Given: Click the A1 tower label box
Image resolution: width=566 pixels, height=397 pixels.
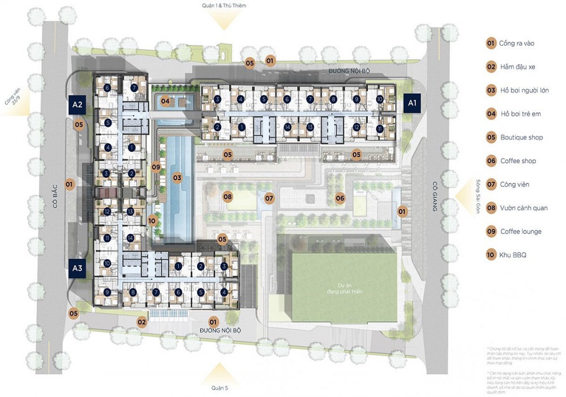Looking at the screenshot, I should click(x=413, y=103).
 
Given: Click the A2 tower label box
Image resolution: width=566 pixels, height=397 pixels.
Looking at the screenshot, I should click(x=78, y=105).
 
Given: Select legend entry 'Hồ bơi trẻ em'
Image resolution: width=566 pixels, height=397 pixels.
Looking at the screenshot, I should click(x=520, y=114).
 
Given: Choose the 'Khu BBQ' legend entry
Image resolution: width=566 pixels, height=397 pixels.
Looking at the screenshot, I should click(x=513, y=255).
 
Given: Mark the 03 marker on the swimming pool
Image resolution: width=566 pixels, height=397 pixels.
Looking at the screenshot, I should click(x=177, y=178).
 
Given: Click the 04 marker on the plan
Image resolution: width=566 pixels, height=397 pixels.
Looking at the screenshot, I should click(x=165, y=102).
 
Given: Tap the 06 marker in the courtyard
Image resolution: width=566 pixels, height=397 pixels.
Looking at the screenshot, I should click(x=340, y=198).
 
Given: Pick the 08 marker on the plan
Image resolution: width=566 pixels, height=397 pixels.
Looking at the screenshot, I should click(x=228, y=197).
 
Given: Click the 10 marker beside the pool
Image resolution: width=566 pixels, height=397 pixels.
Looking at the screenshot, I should click(x=152, y=221).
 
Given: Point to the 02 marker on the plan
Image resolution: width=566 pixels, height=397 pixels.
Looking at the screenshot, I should click(x=142, y=322).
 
